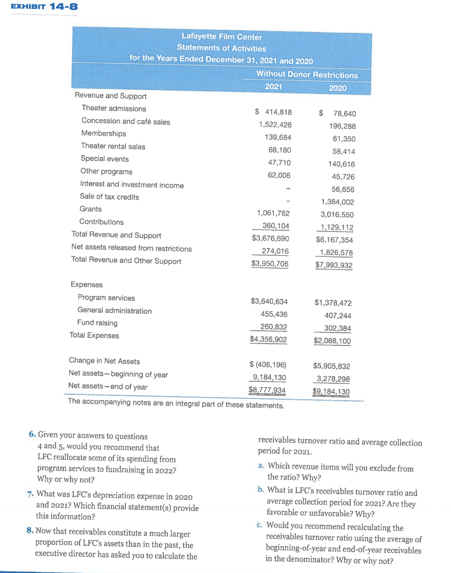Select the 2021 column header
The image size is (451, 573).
[274, 87]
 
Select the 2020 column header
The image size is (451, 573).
[337, 88]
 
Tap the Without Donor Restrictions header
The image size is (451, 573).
[307, 74]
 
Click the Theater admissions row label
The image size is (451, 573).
[114, 109]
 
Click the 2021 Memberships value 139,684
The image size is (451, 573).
[278, 137]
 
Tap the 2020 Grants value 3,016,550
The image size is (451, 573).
[337, 214]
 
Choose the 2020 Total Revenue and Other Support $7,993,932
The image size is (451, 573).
[334, 265]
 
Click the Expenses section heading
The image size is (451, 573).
[86, 285]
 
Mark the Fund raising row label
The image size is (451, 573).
[97, 323]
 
